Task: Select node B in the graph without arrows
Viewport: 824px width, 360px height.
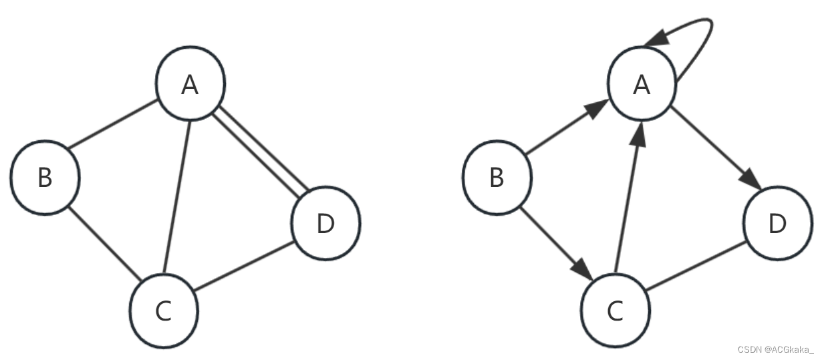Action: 45,178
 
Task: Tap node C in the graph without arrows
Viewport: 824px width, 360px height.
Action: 163,311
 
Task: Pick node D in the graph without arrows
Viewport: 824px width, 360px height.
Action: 325,224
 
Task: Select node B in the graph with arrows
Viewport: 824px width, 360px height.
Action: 497,178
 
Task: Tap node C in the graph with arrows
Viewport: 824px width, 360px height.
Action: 615,311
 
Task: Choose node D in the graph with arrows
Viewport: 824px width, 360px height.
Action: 777,224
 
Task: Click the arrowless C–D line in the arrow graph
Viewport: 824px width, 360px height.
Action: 696,267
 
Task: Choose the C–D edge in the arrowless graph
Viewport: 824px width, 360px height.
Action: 244,267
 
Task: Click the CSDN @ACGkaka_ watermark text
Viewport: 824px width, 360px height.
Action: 775,349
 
